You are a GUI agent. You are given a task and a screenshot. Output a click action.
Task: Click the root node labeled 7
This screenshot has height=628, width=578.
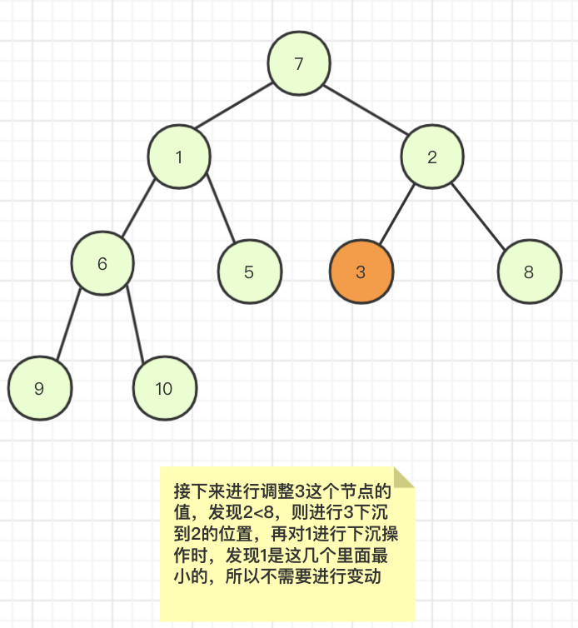(299, 63)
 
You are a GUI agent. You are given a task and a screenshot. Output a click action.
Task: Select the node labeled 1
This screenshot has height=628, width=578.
(179, 157)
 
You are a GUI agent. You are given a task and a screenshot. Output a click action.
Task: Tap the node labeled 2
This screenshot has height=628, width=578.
(432, 157)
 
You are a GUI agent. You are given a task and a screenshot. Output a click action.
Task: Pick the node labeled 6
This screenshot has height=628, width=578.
(102, 263)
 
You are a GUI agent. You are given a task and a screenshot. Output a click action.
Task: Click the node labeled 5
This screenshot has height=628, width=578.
(250, 272)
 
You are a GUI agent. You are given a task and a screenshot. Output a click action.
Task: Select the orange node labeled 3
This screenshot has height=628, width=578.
(361, 272)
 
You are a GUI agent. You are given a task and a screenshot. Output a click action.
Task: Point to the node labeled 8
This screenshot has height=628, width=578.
(530, 272)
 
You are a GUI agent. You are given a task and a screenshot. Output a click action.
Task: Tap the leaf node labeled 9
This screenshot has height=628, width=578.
(40, 388)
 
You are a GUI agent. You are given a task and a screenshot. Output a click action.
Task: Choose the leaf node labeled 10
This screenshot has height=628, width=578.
(165, 388)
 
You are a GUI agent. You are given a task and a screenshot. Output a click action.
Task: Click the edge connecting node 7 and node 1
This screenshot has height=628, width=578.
(233, 106)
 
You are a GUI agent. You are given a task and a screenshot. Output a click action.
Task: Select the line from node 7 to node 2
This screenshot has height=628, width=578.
(366, 109)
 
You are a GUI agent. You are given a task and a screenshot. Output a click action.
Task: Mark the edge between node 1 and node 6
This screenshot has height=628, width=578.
(138, 209)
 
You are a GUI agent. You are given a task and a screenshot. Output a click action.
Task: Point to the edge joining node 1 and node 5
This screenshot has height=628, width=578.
(221, 207)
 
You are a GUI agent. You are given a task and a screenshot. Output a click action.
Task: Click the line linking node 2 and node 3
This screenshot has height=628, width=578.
(397, 214)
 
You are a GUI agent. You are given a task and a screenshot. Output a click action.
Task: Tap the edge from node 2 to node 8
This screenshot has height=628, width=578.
(478, 217)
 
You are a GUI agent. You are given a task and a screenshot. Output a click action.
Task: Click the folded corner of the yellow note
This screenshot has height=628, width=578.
(404, 477)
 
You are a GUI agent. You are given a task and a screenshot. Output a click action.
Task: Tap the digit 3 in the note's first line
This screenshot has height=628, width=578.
(300, 491)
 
